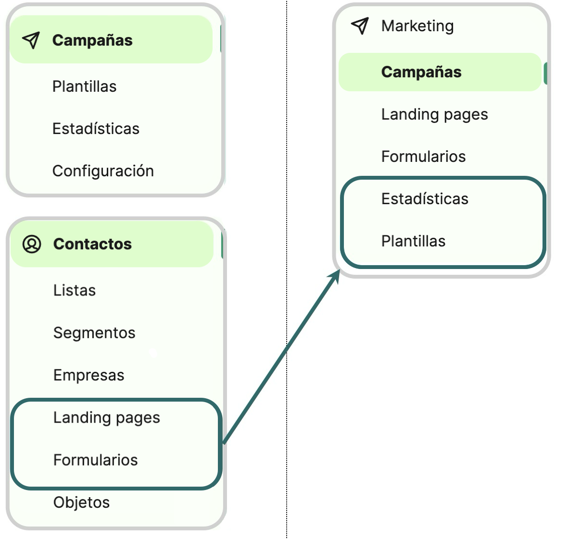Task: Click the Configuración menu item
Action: pos(103,171)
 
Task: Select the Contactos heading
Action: pos(92,244)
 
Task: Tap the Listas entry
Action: pos(75,290)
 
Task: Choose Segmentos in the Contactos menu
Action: pos(94,332)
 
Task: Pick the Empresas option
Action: pos(89,375)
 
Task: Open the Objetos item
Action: pos(82,502)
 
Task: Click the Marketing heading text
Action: pos(417,26)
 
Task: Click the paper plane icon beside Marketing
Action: pos(360,26)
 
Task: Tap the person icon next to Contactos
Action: pos(32,244)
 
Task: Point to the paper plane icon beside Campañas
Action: pos(31,40)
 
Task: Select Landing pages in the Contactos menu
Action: pos(107,417)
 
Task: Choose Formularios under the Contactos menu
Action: pos(96,460)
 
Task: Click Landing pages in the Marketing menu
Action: pos(435,114)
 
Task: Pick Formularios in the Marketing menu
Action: pos(424,157)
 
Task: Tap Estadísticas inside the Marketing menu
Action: pos(425,199)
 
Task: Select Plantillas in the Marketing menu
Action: pos(414,241)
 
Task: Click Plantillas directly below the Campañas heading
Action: pos(85,86)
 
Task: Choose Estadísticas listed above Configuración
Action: pos(96,129)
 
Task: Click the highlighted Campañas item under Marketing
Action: pos(421,72)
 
